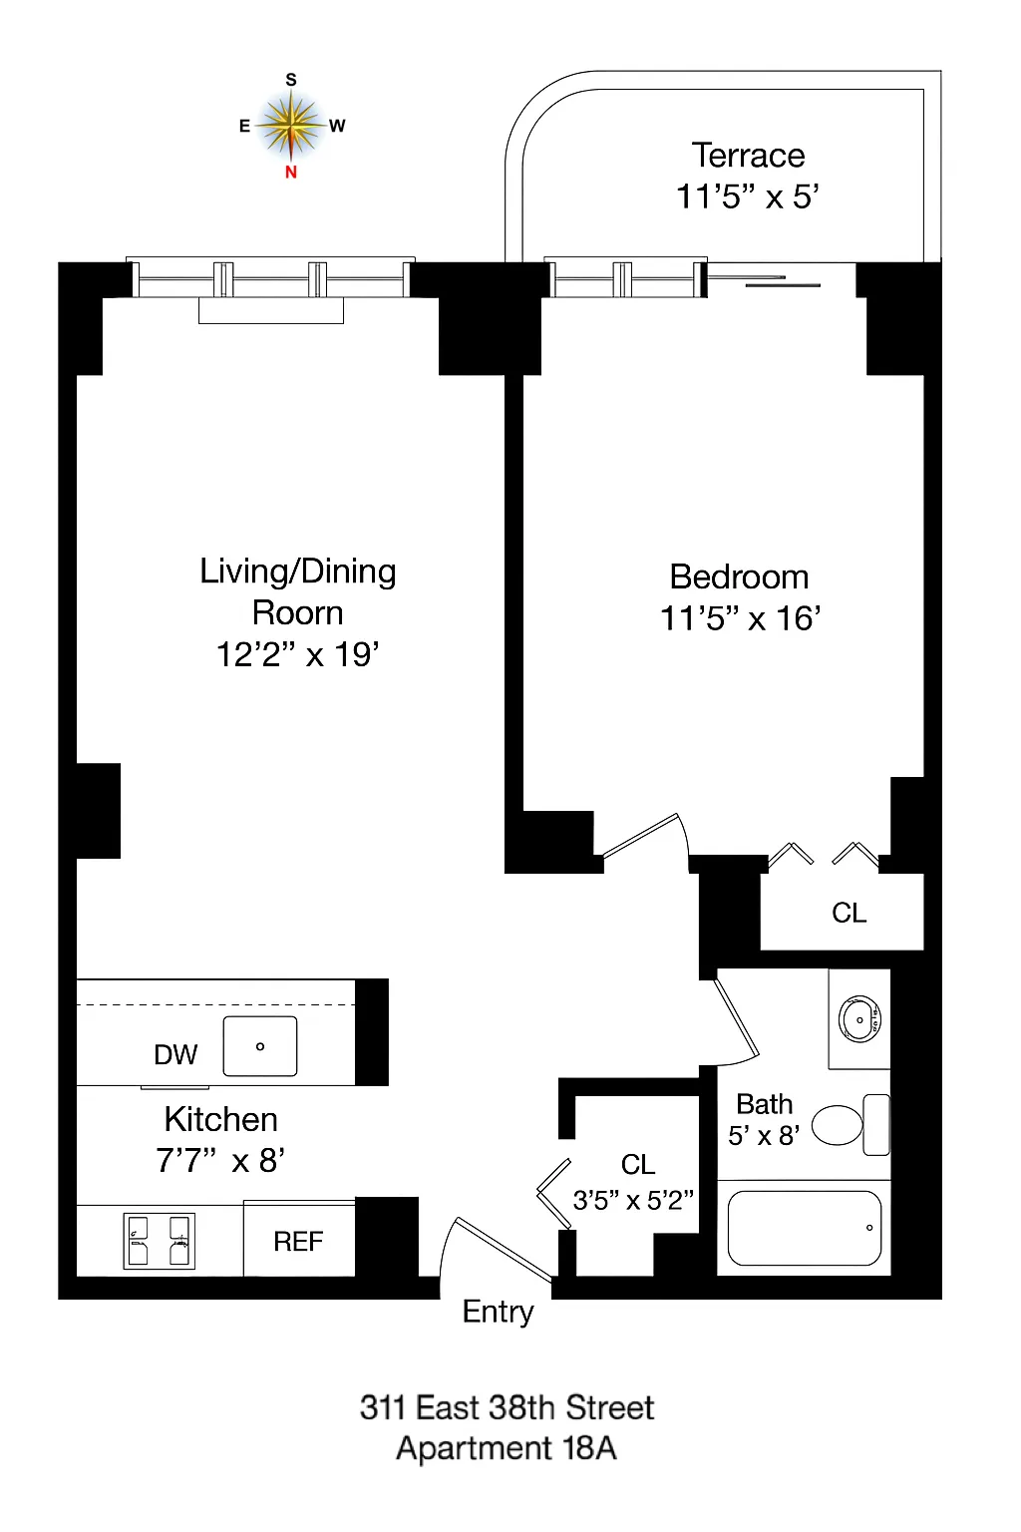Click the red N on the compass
(291, 172)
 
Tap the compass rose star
(291, 126)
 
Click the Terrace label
(748, 156)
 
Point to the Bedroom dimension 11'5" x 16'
(740, 618)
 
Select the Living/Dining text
(298, 572)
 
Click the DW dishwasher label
(175, 1054)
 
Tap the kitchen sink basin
(260, 1046)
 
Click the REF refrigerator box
(299, 1241)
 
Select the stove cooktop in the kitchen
(159, 1241)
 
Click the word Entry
(498, 1312)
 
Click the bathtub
(805, 1228)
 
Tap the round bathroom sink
(858, 1019)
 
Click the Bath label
(764, 1104)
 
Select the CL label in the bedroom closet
(849, 913)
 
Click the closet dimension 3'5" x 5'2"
(633, 1200)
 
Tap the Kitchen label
(220, 1119)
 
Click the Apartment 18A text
(506, 1448)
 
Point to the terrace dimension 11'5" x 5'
(748, 196)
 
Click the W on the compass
(337, 126)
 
